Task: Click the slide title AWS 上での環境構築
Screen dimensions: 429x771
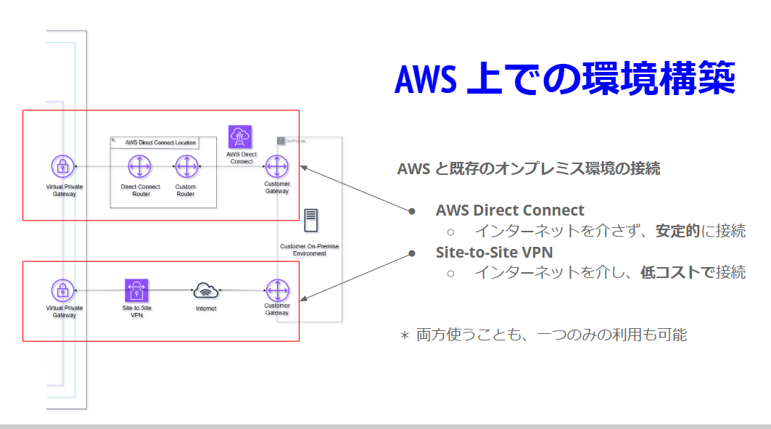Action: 565,79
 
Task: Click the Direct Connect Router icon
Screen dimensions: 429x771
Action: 140,167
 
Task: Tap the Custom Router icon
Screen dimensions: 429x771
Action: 186,167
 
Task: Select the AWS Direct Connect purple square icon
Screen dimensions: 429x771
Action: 240,137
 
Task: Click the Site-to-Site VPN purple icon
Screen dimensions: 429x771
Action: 136,290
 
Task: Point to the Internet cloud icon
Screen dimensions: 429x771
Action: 206,291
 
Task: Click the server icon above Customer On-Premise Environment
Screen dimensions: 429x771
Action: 310,220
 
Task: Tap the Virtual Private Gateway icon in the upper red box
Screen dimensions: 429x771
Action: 64,167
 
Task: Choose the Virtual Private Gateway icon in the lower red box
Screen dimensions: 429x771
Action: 64,290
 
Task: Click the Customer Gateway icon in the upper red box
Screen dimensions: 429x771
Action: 276,167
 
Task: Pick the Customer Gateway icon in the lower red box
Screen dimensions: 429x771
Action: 276,290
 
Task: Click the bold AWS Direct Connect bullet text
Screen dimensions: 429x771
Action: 510,211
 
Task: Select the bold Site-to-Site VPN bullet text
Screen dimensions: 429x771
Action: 494,253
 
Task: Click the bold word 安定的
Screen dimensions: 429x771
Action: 677,232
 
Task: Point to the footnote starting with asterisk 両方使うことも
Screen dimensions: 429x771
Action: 543,335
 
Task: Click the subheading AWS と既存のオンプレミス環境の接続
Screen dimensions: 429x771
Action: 528,168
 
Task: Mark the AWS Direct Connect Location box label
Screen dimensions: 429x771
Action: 160,142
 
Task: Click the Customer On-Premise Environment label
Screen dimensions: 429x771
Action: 310,250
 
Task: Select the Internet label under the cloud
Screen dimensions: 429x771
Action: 206,309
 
